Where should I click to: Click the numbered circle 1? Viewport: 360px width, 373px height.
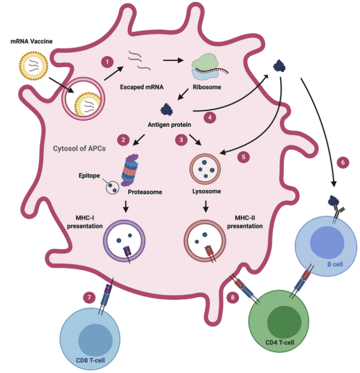tap(106, 63)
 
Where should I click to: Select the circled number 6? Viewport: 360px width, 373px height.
tap(343, 163)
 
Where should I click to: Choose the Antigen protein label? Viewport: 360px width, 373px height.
tap(169, 125)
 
